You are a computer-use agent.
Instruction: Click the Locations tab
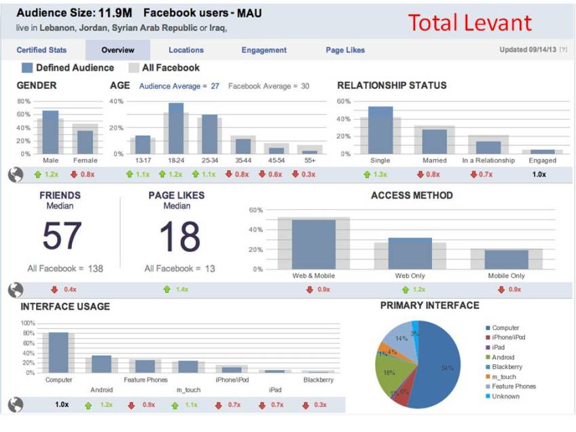click(186, 50)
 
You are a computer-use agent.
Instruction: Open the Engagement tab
click(264, 50)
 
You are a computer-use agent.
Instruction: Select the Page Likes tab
click(345, 50)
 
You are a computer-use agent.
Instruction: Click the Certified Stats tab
click(41, 50)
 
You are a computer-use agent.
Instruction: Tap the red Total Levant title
click(469, 22)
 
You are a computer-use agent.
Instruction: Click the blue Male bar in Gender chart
click(50, 132)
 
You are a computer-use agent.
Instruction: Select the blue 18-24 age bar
click(176, 128)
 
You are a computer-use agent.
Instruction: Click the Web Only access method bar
click(410, 253)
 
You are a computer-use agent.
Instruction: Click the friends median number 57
click(62, 236)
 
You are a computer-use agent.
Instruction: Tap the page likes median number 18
click(180, 236)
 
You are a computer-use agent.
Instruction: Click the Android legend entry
click(503, 357)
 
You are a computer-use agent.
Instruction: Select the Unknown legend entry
click(505, 396)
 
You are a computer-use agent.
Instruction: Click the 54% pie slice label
click(447, 368)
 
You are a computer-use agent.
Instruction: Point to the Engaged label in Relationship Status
click(543, 161)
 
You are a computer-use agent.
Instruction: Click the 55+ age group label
click(310, 161)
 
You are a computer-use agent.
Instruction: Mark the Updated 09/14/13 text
click(528, 50)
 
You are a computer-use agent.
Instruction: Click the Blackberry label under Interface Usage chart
click(319, 380)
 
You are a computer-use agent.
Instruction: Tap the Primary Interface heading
click(429, 306)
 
